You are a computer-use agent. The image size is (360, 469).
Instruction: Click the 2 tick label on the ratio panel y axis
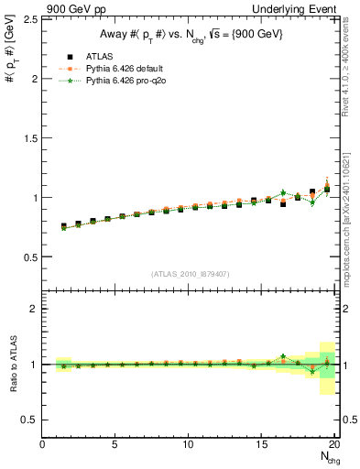click(x=33, y=309)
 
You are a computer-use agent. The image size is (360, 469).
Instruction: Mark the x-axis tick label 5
click(x=115, y=445)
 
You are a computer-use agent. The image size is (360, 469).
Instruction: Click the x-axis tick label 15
click(x=262, y=445)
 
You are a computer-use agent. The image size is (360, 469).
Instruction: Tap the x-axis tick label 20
click(x=335, y=445)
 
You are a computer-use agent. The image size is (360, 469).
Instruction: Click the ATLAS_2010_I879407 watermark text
click(x=191, y=274)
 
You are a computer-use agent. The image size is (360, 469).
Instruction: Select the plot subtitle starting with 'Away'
click(x=191, y=36)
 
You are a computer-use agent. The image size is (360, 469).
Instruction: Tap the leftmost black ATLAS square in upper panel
click(x=64, y=226)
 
